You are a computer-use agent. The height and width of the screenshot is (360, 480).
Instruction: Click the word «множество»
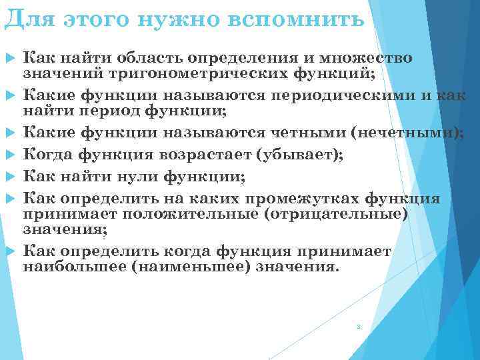370,59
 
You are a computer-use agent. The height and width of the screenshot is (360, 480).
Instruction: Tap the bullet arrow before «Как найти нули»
10,177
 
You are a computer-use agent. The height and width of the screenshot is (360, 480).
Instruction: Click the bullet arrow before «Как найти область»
10,59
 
